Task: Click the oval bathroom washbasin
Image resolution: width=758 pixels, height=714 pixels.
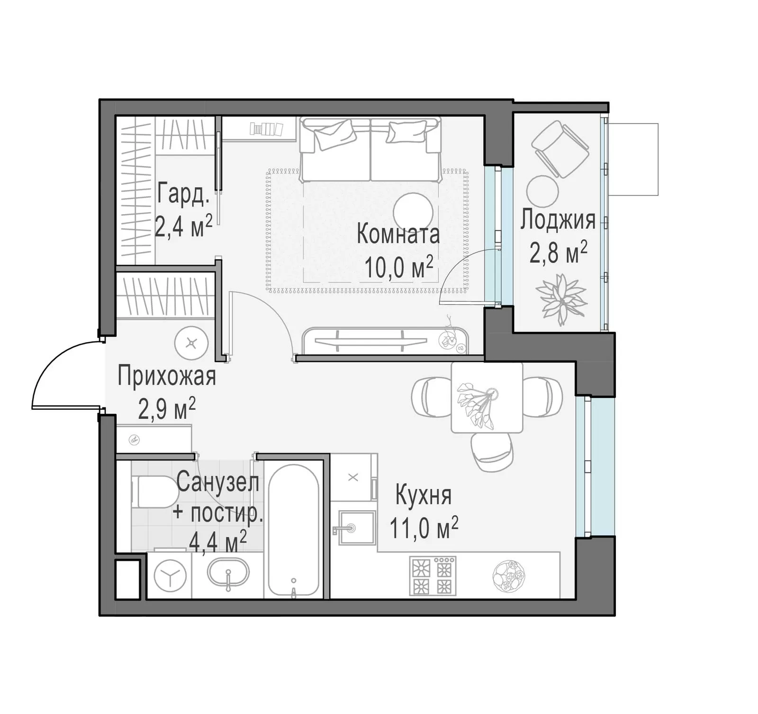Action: pyautogui.click(x=228, y=574)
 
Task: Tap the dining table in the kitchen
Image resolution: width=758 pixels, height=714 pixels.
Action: pyautogui.click(x=487, y=397)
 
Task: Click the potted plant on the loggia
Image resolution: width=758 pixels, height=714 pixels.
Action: pyautogui.click(x=561, y=299)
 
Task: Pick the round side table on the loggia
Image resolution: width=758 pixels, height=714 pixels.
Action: pyautogui.click(x=542, y=191)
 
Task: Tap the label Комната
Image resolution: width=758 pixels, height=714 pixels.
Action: pyautogui.click(x=398, y=235)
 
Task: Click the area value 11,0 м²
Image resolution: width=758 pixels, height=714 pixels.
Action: pyautogui.click(x=424, y=528)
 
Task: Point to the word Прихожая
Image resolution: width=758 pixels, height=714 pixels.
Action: pyautogui.click(x=167, y=376)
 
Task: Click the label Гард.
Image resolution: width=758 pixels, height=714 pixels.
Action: pyautogui.click(x=183, y=194)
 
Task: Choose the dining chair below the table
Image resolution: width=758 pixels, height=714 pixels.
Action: pyautogui.click(x=493, y=453)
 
